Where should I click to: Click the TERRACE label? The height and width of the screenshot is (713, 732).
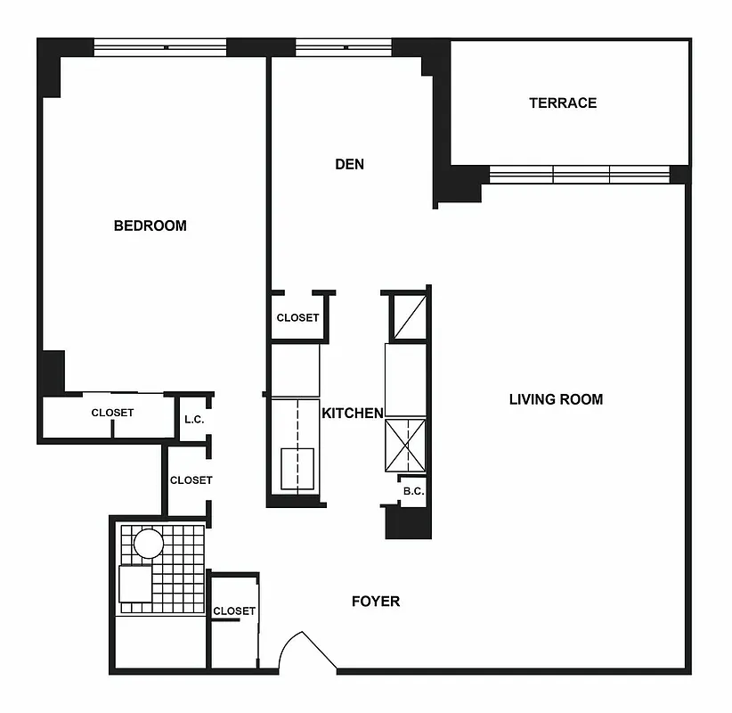(x=563, y=102)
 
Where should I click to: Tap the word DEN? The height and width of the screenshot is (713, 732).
(x=349, y=164)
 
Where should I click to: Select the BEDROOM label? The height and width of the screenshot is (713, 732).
(x=150, y=225)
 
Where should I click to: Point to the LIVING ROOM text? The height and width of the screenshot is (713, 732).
(x=556, y=399)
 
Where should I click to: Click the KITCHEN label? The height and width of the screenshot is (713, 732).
(x=352, y=413)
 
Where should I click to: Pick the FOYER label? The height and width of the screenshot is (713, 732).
(x=375, y=601)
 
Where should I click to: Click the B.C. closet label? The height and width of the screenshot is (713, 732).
(x=412, y=490)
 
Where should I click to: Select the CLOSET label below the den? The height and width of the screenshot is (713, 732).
(x=297, y=317)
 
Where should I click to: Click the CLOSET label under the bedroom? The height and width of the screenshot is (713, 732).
(x=112, y=413)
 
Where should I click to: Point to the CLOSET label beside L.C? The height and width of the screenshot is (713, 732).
(x=191, y=479)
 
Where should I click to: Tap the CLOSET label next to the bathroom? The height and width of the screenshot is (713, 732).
(x=233, y=611)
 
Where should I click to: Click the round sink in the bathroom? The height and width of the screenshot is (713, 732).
(x=148, y=543)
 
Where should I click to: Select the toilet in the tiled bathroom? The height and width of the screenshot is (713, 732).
(x=135, y=585)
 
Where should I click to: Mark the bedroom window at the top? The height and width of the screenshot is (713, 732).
(x=160, y=47)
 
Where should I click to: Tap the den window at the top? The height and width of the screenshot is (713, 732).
(x=343, y=47)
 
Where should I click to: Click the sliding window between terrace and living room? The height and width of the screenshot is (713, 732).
(x=580, y=174)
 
